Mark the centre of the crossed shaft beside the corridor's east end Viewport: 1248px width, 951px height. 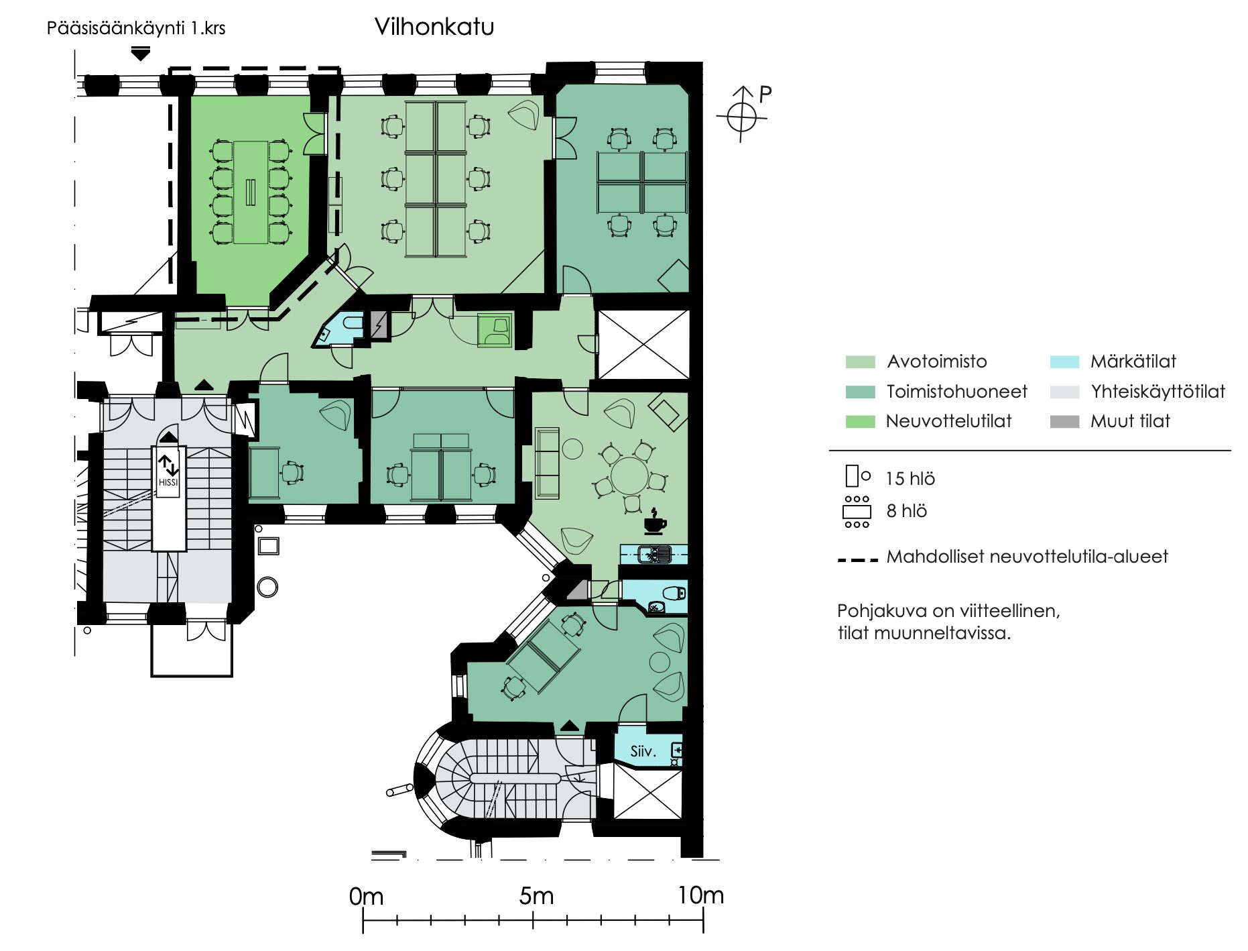click(x=643, y=345)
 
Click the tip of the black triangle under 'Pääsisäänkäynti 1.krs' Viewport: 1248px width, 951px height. click(x=140, y=60)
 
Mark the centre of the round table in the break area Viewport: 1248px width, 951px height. click(x=630, y=475)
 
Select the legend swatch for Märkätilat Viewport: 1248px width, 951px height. click(x=1064, y=362)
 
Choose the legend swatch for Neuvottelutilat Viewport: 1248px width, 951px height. click(x=860, y=422)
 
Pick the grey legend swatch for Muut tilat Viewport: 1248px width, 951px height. click(x=1064, y=422)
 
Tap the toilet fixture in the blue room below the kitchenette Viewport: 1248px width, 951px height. click(x=673, y=593)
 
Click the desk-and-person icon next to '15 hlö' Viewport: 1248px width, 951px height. click(x=858, y=476)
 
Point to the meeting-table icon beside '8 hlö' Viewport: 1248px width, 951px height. click(x=857, y=512)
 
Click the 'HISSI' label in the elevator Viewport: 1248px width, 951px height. click(x=169, y=482)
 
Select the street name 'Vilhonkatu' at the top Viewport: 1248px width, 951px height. click(x=434, y=27)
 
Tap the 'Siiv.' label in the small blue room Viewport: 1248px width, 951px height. click(x=643, y=751)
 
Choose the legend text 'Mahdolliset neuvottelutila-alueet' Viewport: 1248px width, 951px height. click(x=1027, y=557)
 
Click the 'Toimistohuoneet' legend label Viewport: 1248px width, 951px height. click(x=957, y=392)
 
